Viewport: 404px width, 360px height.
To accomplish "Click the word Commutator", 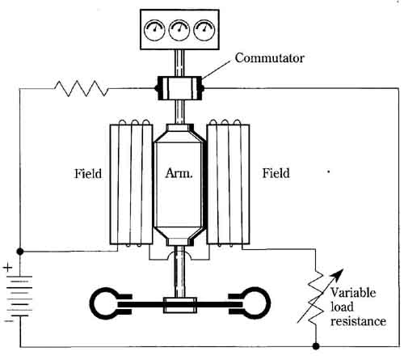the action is [x=270, y=58].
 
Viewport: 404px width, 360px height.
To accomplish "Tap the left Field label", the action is [x=88, y=173].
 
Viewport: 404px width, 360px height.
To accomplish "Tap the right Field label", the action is [x=276, y=173].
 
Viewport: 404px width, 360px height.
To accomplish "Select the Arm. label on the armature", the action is [x=179, y=173].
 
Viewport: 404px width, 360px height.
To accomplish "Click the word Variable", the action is [x=353, y=293].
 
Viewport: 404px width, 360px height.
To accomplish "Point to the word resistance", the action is [x=358, y=321].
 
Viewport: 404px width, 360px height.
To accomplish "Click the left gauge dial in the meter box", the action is [x=154, y=30].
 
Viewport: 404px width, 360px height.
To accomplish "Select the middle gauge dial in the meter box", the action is [x=179, y=30].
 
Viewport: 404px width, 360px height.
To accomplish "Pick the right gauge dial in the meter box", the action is [x=204, y=30].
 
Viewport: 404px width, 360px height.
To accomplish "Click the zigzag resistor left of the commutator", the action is [x=82, y=88].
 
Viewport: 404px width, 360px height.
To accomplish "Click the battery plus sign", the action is [x=8, y=268].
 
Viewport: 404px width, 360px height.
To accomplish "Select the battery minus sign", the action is [x=9, y=321].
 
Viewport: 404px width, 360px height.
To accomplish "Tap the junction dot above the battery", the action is [x=20, y=252].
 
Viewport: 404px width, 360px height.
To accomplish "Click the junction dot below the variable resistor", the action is [x=316, y=346].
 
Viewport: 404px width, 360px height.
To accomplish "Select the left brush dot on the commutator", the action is [x=158, y=88].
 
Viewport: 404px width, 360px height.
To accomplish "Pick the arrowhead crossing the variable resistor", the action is [x=338, y=274].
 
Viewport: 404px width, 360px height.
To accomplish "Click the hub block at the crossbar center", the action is [x=180, y=305].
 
